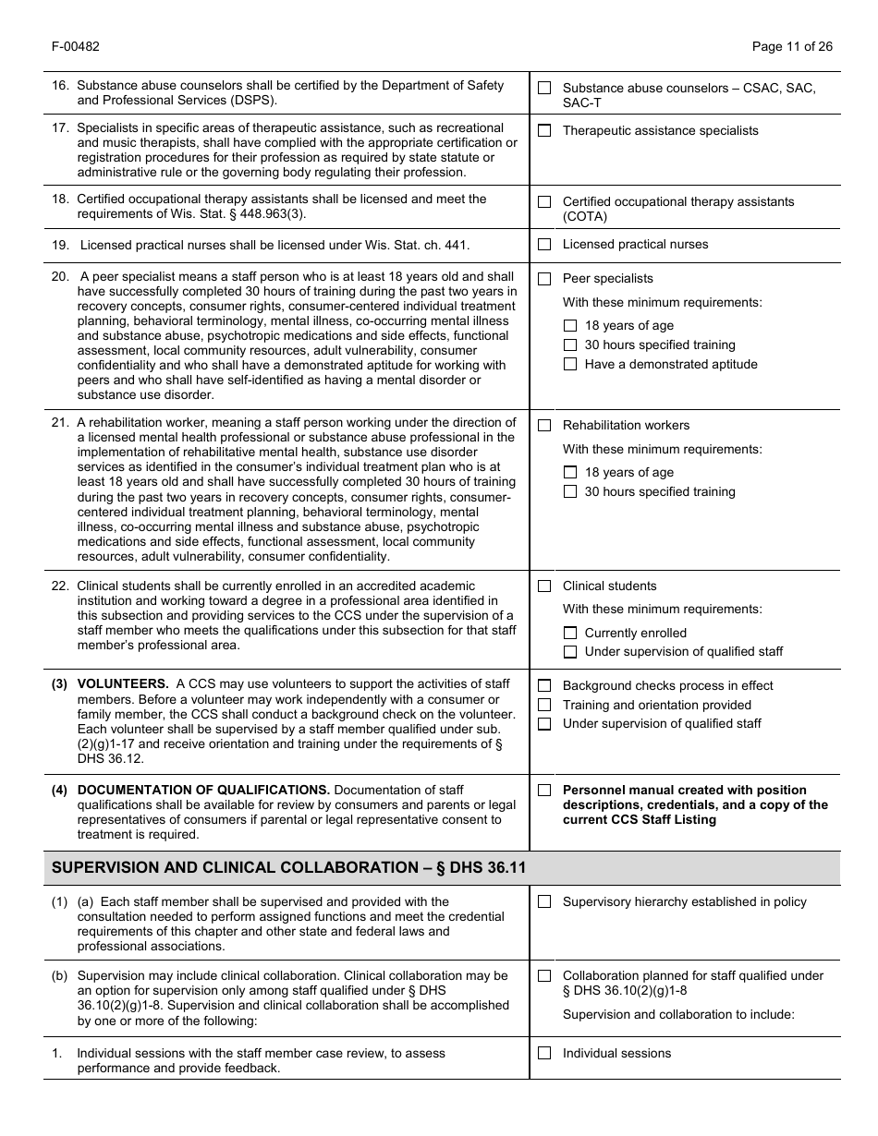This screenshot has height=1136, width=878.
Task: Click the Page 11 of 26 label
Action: coord(792,47)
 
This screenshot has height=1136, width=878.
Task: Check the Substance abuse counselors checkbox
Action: coord(544,88)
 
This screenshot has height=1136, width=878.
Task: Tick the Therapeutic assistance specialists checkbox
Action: coord(544,131)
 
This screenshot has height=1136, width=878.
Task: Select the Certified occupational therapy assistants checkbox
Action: coord(544,201)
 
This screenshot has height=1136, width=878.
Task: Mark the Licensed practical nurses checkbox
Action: coord(544,245)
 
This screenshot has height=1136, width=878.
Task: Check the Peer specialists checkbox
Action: coord(544,279)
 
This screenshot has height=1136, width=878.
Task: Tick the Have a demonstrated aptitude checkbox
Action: coord(570,365)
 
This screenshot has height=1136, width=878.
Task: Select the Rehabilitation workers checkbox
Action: coord(544,426)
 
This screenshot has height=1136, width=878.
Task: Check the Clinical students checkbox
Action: coord(544,586)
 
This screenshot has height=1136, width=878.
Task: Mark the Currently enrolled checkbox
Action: coord(570,634)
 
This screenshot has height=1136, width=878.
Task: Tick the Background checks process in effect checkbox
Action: coord(544,686)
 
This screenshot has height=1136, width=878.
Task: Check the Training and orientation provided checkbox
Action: coord(544,706)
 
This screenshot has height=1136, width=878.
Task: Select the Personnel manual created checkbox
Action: coord(544,791)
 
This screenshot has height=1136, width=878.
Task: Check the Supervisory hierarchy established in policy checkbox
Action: coord(544,902)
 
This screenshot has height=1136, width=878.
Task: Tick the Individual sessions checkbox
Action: coord(544,1054)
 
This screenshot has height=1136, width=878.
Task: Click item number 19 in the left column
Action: coord(60,245)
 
